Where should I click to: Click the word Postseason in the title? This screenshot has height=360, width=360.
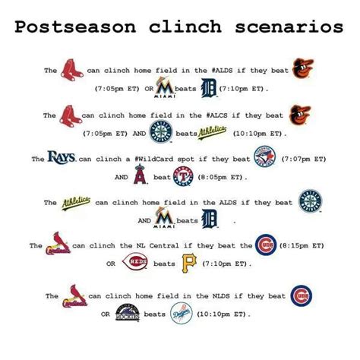click(x=75, y=27)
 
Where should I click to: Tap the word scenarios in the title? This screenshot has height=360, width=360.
click(x=289, y=27)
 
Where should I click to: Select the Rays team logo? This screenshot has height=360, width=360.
click(x=62, y=157)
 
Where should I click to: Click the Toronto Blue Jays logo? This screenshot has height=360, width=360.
click(x=265, y=156)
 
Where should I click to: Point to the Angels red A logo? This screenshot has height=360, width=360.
click(x=141, y=174)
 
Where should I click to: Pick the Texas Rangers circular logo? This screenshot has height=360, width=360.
click(x=183, y=176)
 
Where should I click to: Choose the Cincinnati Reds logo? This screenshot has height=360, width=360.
click(x=135, y=261)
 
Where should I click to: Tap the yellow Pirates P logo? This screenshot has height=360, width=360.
click(x=189, y=264)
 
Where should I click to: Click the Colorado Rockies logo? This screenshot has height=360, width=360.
click(x=128, y=313)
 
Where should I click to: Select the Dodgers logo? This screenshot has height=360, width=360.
click(x=182, y=314)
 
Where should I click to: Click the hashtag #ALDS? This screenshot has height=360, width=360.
click(x=222, y=71)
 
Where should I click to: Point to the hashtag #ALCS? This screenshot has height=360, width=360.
click(x=216, y=115)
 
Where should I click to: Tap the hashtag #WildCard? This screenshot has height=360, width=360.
click(x=154, y=159)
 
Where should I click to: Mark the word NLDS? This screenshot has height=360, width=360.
click(x=221, y=296)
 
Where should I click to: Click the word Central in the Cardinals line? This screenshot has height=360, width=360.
click(x=164, y=245)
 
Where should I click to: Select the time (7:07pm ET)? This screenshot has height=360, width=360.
click(x=304, y=159)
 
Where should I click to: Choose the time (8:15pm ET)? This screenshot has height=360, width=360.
click(x=302, y=246)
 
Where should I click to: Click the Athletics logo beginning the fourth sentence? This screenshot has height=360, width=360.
click(x=76, y=203)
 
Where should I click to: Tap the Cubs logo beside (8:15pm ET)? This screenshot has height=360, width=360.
click(x=266, y=245)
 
